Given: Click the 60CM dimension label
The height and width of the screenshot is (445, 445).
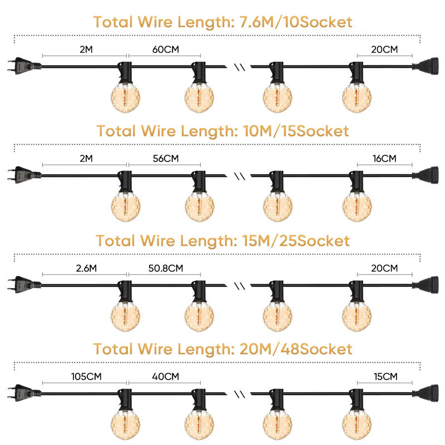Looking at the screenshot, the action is click(x=165, y=50).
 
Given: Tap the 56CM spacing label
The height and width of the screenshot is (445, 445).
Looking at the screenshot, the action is click(x=165, y=159).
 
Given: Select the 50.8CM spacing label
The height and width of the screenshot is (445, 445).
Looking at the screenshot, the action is click(x=165, y=268).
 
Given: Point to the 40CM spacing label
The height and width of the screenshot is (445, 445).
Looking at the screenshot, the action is click(x=165, y=377).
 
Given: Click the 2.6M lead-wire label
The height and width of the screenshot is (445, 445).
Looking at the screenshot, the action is click(x=86, y=268).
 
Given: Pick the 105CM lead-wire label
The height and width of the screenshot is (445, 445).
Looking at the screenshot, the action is click(x=86, y=377).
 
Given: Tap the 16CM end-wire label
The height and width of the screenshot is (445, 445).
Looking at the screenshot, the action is click(x=384, y=159).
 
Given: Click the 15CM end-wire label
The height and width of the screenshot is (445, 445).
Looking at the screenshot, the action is click(x=385, y=377).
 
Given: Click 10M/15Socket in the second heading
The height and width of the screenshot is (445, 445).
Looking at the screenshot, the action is click(x=296, y=131).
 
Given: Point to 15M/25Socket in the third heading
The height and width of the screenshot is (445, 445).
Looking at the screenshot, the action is click(x=296, y=241).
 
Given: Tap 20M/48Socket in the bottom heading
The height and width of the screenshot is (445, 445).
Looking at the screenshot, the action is click(x=296, y=349).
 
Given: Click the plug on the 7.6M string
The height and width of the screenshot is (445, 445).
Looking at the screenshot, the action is click(x=24, y=66).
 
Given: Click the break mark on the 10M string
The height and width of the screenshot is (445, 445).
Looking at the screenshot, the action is click(x=240, y=176).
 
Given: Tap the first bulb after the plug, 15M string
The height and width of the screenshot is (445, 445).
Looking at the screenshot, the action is click(x=125, y=306).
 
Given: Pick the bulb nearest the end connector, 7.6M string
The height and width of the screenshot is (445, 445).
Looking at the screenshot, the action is click(x=357, y=87).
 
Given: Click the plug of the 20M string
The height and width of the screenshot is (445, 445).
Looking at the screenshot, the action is click(x=24, y=393).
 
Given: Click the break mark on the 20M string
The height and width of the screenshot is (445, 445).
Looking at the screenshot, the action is click(x=240, y=394).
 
